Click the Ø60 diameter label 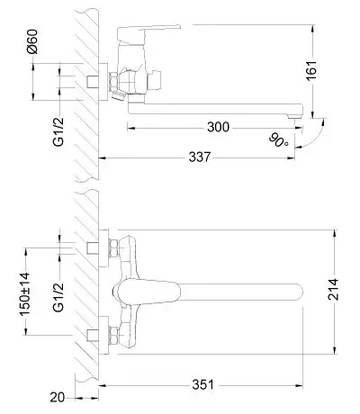pyautogui.click(x=32, y=41)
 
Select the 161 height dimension pyautogui.click(x=312, y=70)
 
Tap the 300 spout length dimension pyautogui.click(x=218, y=128)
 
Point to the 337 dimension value pyautogui.click(x=200, y=157)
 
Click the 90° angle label pyautogui.click(x=278, y=140)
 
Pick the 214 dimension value pyautogui.click(x=333, y=289)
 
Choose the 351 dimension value pyautogui.click(x=203, y=385)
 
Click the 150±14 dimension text pyautogui.click(x=25, y=293)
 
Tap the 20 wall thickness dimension pyautogui.click(x=58, y=398)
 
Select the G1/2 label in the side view pyautogui.click(x=58, y=131)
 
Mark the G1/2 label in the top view pyautogui.click(x=58, y=297)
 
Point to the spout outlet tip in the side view pyautogui.click(x=294, y=117)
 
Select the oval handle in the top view pyautogui.click(x=146, y=292)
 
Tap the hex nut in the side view pyautogui.click(x=114, y=81)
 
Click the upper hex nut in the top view pyautogui.click(x=113, y=248)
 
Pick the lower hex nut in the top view pyautogui.click(x=113, y=336)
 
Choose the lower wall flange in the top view pyautogui.click(x=103, y=336)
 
